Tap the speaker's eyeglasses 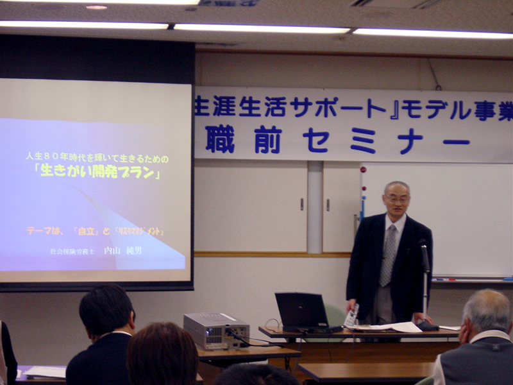coord(396,200)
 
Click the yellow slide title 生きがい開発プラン coord(97,173)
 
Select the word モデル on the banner coord(435,109)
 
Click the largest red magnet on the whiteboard coord(364,170)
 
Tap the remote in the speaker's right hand coord(351,316)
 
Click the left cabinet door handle coord(301,204)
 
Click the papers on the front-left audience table coord(45,372)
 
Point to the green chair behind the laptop coord(335,314)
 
